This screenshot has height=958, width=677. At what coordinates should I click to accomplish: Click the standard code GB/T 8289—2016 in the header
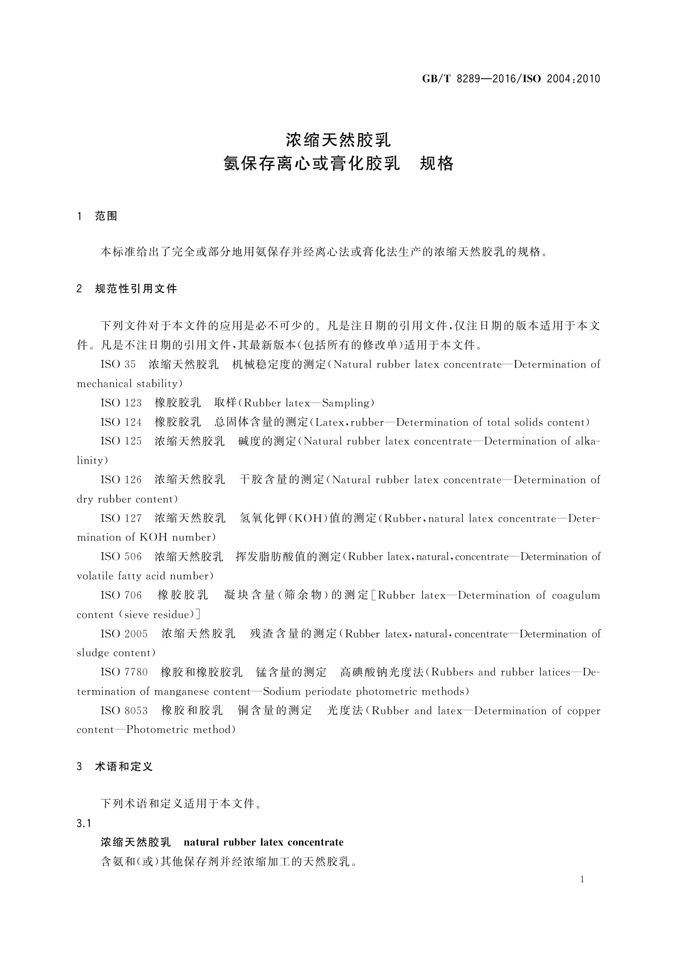[x=467, y=79]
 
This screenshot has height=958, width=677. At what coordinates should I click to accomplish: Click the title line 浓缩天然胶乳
[x=338, y=139]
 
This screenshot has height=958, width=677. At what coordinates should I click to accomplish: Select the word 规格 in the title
[x=436, y=164]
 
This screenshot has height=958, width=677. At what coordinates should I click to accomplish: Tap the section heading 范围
[x=106, y=216]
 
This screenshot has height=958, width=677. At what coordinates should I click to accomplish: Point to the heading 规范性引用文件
[x=136, y=289]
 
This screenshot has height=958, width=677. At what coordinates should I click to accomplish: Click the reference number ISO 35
[x=118, y=365]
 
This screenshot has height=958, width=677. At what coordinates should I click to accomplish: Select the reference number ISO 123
[x=121, y=403]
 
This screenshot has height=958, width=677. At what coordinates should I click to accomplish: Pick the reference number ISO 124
[x=121, y=423]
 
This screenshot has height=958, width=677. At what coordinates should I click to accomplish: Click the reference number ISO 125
[x=121, y=441]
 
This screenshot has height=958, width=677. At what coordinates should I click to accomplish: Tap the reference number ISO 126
[x=121, y=480]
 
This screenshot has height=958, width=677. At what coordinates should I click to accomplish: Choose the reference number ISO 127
[x=121, y=518]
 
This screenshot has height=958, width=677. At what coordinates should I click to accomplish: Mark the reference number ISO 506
[x=121, y=557]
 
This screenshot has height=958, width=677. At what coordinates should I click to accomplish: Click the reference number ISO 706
[x=121, y=596]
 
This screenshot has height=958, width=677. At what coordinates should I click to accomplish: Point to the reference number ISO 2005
[x=124, y=634]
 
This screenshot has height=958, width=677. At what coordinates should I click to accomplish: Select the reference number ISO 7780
[x=124, y=672]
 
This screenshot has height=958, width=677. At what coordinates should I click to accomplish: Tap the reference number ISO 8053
[x=124, y=711]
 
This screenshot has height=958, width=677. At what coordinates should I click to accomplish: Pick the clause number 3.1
[x=84, y=824]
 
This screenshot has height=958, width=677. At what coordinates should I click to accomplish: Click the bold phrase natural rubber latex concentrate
[x=264, y=843]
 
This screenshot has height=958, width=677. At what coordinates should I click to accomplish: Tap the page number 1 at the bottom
[x=582, y=879]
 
